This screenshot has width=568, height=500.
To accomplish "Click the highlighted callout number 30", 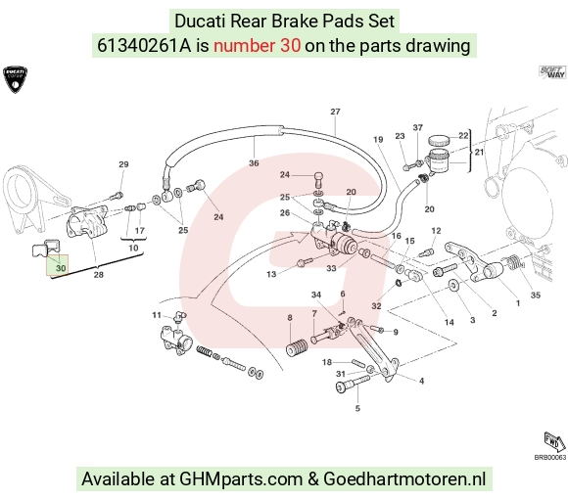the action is point(61,268).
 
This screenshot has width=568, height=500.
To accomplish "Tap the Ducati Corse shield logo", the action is point(16,79).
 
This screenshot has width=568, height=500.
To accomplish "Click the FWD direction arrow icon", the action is point(554,442).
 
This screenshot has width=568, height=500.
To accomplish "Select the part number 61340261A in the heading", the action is point(144,46).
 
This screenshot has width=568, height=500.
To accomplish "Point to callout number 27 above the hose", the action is point(336,112).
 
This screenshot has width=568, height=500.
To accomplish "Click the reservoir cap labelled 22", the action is point(439,141).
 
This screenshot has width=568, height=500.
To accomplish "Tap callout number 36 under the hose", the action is point(254,163).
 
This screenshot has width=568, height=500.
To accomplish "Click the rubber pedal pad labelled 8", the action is point(297,346).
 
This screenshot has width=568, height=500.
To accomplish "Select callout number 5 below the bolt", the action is point(357,408).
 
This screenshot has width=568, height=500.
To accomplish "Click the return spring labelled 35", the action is point(512,262).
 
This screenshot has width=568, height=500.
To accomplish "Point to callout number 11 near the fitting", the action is point(157,315).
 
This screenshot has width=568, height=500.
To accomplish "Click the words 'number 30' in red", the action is point(257,46).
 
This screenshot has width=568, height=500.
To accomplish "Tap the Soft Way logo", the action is point(551,72).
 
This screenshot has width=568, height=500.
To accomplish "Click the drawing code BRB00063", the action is point(550,458).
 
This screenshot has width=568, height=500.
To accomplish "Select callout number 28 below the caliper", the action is point(99,275).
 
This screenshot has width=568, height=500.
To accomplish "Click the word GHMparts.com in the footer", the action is point(241,479).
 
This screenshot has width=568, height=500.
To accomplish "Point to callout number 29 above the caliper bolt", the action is point(124,164).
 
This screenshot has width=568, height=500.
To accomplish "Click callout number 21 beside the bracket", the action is point(479,152).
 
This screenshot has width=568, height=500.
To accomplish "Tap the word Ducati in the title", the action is point(200,21).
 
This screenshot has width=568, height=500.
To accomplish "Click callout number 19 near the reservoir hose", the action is point(378,139).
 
